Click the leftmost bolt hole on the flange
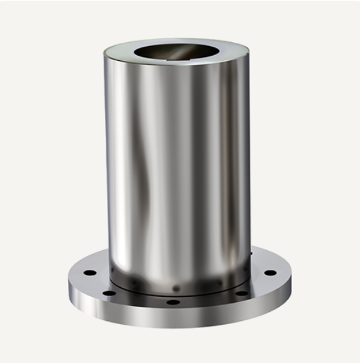coord(89,273)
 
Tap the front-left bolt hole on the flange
coord(110,293)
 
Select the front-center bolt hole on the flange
coord(173,303)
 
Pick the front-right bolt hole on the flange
coord(241,293)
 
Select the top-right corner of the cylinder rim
coord(249,53)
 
